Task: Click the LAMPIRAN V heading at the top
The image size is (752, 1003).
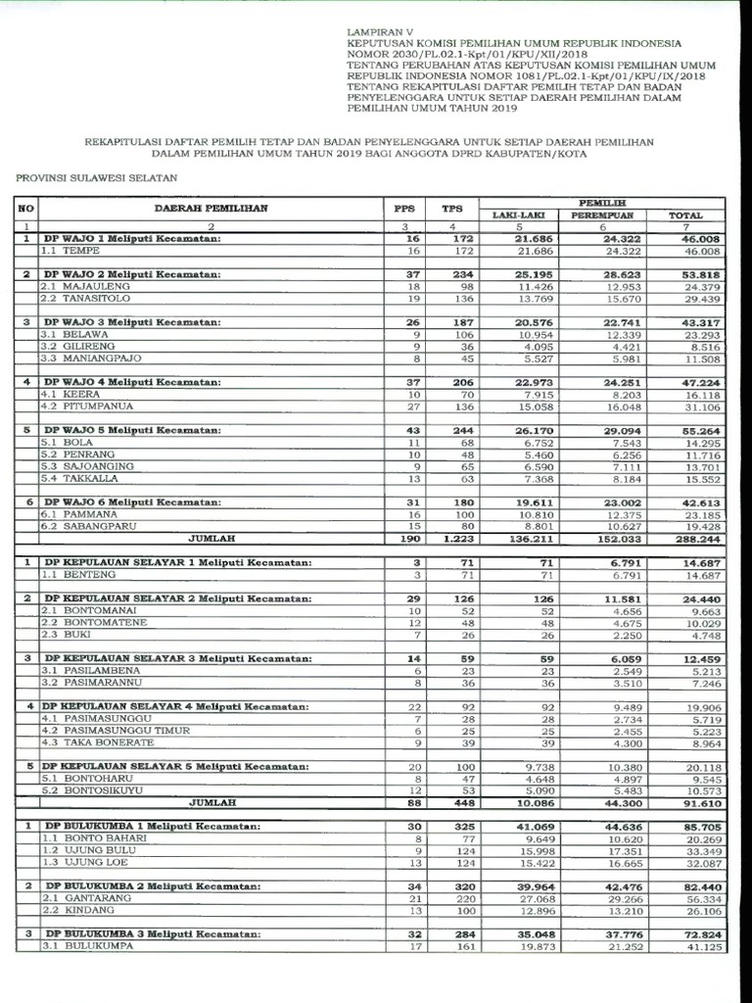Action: pyautogui.click(x=382, y=32)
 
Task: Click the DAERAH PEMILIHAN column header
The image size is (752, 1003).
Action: pyautogui.click(x=211, y=209)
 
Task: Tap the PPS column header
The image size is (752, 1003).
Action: pyautogui.click(x=403, y=209)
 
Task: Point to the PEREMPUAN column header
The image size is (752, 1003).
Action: pyautogui.click(x=604, y=215)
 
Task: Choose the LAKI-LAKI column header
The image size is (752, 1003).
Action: pyautogui.click(x=517, y=215)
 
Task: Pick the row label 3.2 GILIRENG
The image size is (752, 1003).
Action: pyautogui.click(x=79, y=346)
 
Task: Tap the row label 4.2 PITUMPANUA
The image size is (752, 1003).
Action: pyautogui.click(x=87, y=406)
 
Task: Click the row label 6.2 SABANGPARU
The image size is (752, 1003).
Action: pyautogui.click(x=88, y=525)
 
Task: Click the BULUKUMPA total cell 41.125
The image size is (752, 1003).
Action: pyautogui.click(x=697, y=946)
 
